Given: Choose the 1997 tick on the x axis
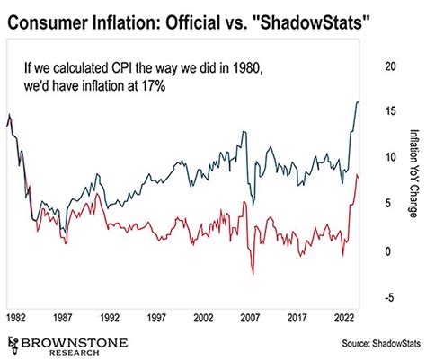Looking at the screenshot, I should click(x=156, y=317).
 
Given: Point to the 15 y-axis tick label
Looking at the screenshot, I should click(x=389, y=111).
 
